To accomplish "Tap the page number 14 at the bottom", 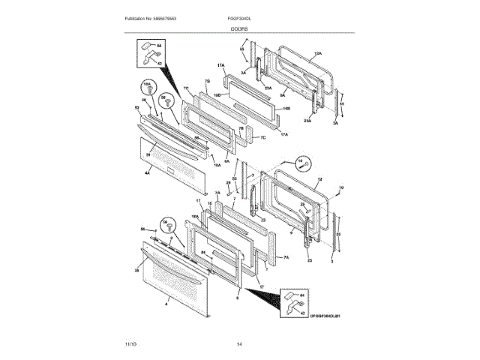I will [x=239, y=343].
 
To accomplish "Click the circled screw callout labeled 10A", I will [x=148, y=87].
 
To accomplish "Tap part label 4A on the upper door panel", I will [x=148, y=173].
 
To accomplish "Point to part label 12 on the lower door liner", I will [x=319, y=180].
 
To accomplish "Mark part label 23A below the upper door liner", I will [x=307, y=121].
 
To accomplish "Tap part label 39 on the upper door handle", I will [x=148, y=154].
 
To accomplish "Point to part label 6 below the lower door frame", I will [x=237, y=298].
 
